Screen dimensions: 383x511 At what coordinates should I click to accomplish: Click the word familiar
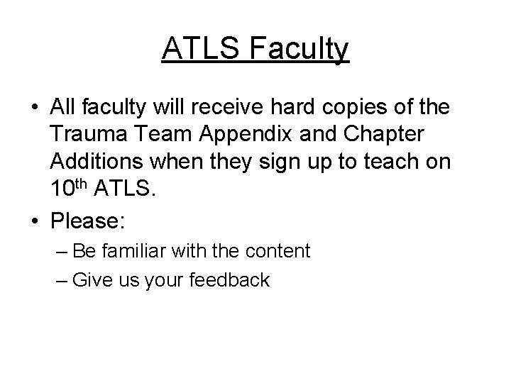click(x=138, y=250)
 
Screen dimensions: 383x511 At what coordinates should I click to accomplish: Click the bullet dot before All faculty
click(x=35, y=108)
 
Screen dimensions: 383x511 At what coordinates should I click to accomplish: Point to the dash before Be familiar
click(x=62, y=251)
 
